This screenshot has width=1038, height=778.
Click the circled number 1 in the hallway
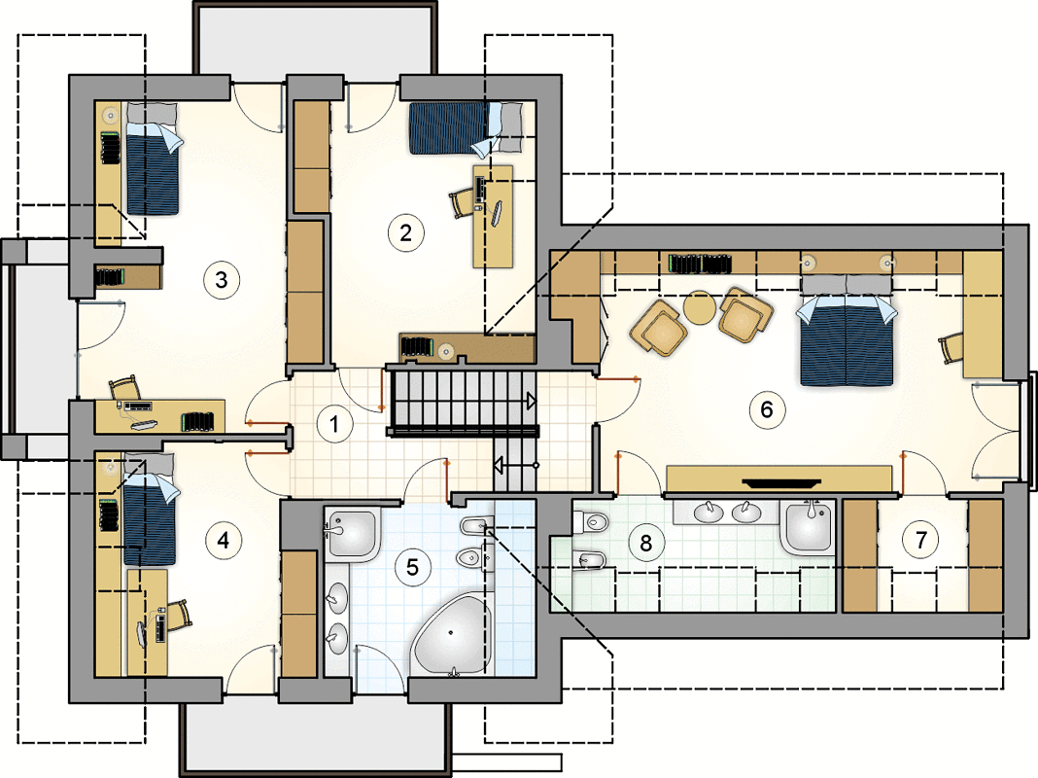334,424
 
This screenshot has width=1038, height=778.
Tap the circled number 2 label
405,232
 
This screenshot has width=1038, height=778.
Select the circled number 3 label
221,280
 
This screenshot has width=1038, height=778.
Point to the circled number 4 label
224,541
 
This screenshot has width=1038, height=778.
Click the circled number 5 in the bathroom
412,567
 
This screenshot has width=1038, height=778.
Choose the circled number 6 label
767,409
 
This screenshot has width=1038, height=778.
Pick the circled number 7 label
920,540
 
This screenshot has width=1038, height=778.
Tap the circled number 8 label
645,544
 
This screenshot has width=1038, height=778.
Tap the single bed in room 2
466,127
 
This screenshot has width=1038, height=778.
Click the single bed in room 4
150,509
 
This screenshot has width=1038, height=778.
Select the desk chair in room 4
178,615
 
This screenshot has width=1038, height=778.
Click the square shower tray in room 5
351,534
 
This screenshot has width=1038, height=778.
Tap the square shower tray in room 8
808,526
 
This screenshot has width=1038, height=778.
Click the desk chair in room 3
125,387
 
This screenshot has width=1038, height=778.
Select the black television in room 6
781,482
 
